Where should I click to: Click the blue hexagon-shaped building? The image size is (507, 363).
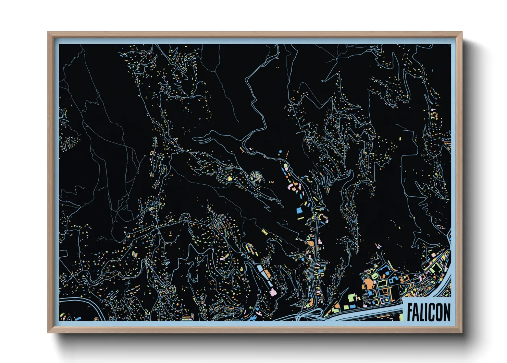[281, 151]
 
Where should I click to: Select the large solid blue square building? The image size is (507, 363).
[300, 210]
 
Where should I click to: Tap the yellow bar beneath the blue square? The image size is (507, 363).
[301, 218]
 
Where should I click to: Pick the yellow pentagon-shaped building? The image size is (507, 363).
[230, 178]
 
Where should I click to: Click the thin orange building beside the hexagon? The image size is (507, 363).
[287, 153]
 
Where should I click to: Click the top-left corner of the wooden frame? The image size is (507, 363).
[48, 32]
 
